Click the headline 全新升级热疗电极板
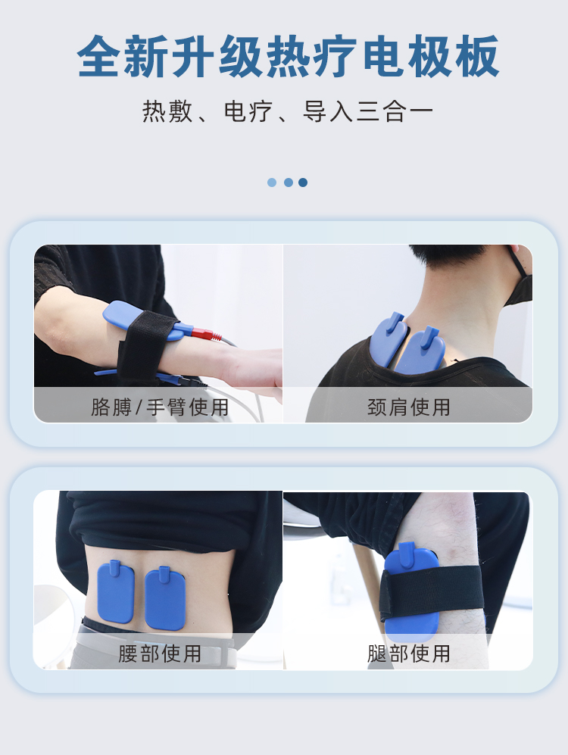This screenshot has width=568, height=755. pyautogui.click(x=288, y=56)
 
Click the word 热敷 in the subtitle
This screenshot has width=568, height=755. pyautogui.click(x=167, y=112)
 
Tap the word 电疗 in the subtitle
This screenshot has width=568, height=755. pyautogui.click(x=248, y=112)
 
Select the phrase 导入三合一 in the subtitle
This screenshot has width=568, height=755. pyautogui.click(x=368, y=112)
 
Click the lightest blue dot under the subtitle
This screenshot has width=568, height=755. pyautogui.click(x=272, y=183)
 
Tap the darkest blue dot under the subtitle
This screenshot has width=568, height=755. pyautogui.click(x=303, y=183)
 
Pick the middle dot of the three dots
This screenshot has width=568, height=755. pyautogui.click(x=289, y=183)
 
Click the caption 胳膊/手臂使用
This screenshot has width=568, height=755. pyautogui.click(x=160, y=407)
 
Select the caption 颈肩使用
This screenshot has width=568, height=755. pyautogui.click(x=409, y=407)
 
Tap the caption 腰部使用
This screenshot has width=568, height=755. pyautogui.click(x=160, y=654)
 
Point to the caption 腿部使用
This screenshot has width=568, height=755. pyautogui.click(x=409, y=654)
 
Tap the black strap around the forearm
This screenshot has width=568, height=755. pyautogui.click(x=143, y=348)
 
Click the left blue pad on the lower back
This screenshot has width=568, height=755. pyautogui.click(x=116, y=592)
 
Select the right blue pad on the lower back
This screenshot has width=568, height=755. pyautogui.click(x=165, y=598)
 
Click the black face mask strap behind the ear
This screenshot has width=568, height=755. pyautogui.click(x=520, y=263)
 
